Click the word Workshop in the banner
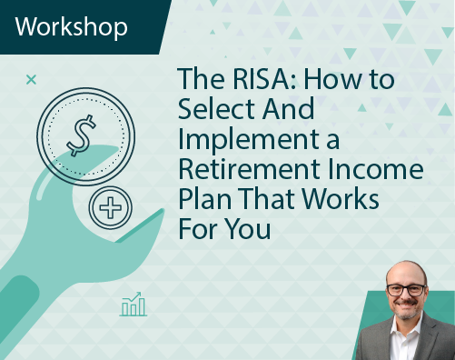tap(71, 27)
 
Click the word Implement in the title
tap(249, 140)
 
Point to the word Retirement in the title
tap(250, 169)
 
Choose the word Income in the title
tap(375, 169)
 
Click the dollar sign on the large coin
tap(81, 135)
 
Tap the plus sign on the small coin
tap(111, 207)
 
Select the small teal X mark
tap(31, 80)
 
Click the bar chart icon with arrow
tap(134, 305)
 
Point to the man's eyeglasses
tap(407, 290)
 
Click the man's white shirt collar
tap(407, 325)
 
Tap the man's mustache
tap(407, 302)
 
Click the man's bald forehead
tap(406, 274)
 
